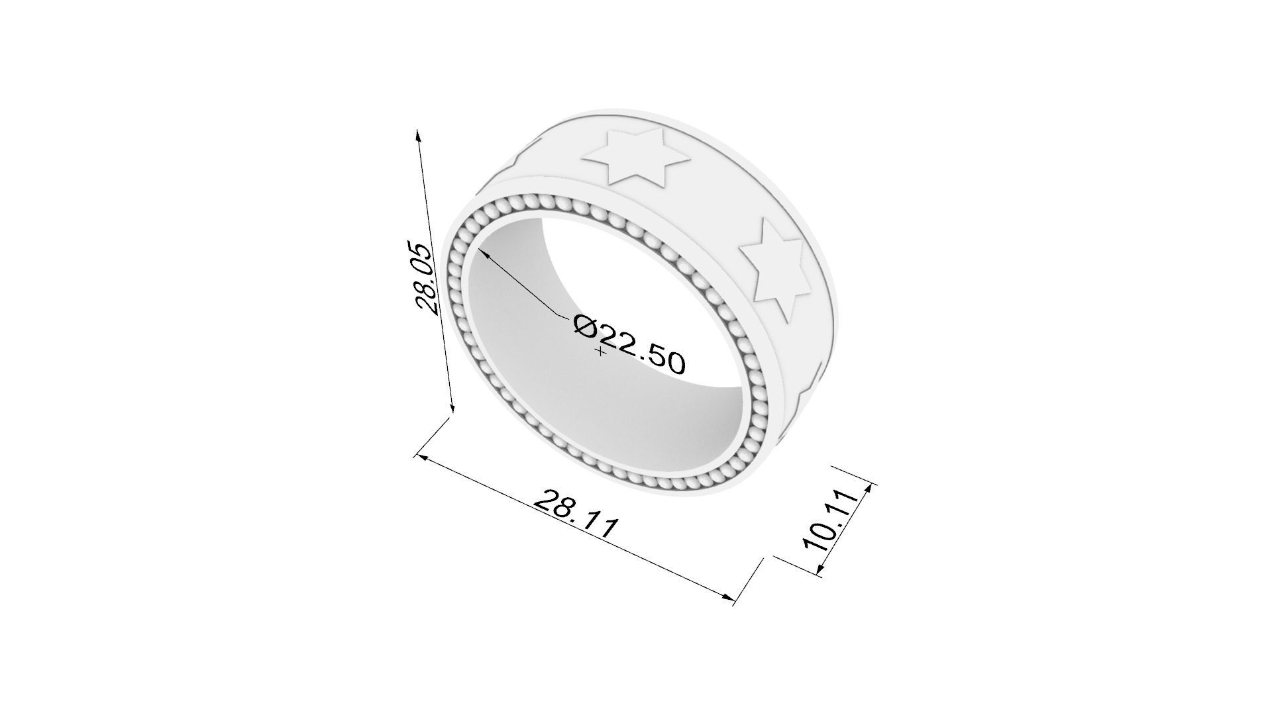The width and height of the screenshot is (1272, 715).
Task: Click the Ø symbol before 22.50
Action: pyautogui.click(x=586, y=326)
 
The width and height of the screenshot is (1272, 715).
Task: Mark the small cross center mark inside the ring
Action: pyautogui.click(x=601, y=352)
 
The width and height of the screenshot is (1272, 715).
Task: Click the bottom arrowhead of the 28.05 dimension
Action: pyautogui.click(x=452, y=408)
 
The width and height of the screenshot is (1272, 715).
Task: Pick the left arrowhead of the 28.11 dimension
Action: pyautogui.click(x=419, y=457)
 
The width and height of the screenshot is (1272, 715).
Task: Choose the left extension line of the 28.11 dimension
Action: pyautogui.click(x=434, y=437)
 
